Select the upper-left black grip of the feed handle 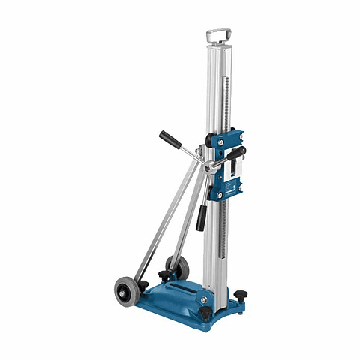pos(167,137)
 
